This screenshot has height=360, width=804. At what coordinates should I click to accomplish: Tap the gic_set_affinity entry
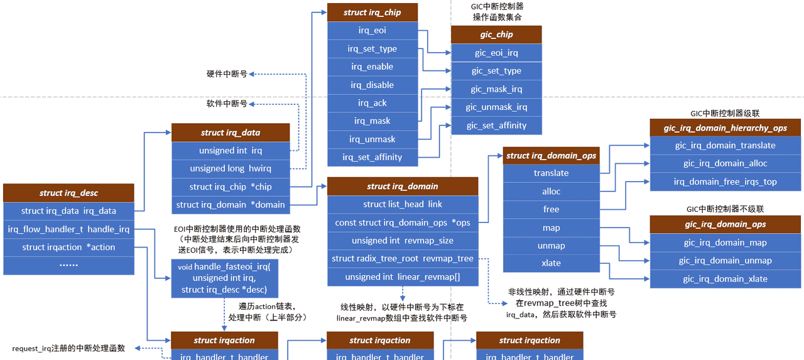[x=496, y=126]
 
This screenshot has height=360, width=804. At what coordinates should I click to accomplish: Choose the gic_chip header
[x=496, y=35]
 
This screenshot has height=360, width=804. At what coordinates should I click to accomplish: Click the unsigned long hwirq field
[x=231, y=168]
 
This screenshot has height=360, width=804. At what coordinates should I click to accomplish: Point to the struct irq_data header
[x=231, y=133]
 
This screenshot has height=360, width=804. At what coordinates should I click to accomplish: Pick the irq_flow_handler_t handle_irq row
[x=68, y=229]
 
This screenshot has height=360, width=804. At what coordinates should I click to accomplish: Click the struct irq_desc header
[x=68, y=193]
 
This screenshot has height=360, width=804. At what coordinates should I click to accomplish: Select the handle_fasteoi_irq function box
[x=224, y=278]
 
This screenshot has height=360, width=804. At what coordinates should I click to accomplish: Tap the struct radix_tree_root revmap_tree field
[x=403, y=259]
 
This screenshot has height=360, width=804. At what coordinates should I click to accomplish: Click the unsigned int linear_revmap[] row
[x=403, y=277]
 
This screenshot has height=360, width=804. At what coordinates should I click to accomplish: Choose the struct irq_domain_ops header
[x=551, y=156]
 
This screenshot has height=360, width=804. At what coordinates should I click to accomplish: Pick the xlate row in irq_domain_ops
[x=551, y=263]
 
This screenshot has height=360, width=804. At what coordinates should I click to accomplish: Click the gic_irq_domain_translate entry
[x=725, y=146]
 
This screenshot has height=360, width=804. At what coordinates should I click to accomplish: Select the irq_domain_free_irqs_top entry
[x=725, y=182]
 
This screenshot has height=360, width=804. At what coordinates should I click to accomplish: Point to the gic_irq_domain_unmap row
[x=725, y=261]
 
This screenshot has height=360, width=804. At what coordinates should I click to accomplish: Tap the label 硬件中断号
[x=227, y=74]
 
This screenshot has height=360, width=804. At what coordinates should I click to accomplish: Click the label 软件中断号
[x=227, y=103]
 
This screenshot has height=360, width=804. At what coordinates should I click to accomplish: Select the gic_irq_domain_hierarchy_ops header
[x=725, y=128]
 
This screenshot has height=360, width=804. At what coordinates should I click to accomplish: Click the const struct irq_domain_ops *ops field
[x=403, y=222]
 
